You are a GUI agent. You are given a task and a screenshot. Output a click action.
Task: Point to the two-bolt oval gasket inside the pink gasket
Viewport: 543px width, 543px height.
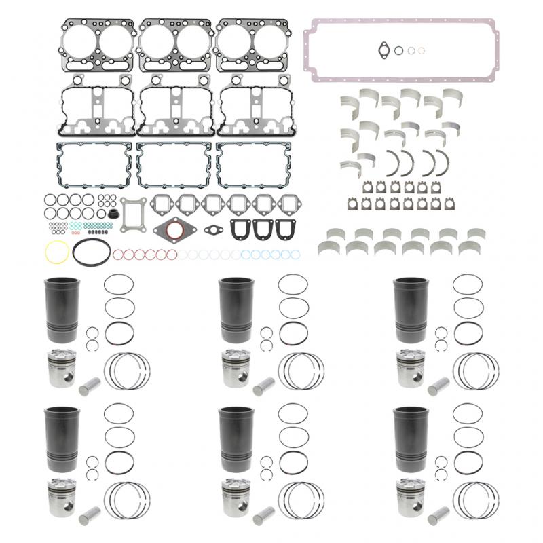pyautogui.click(x=382, y=49)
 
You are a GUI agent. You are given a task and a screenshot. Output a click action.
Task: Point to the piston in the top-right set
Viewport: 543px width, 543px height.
pyautogui.click(x=411, y=368)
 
